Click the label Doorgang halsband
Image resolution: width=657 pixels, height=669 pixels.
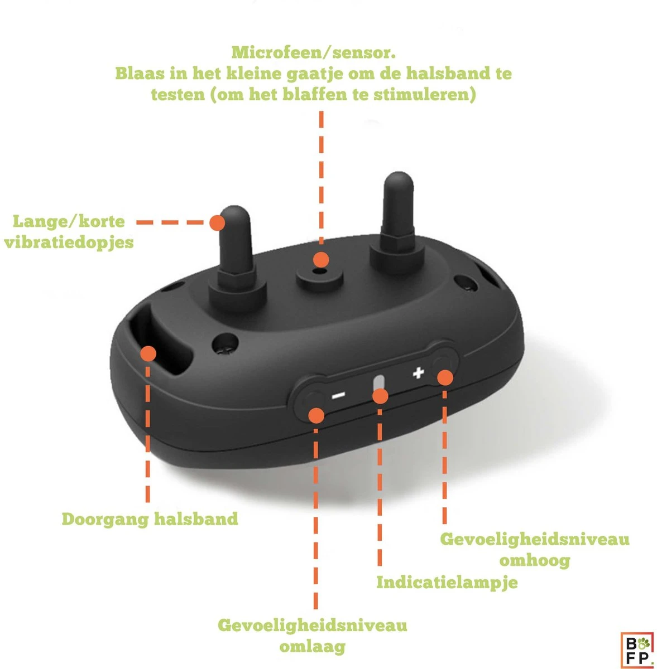click(x=150, y=519)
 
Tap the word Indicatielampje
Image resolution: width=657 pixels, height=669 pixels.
click(x=447, y=582)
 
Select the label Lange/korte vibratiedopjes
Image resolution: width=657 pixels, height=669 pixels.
click(x=69, y=231)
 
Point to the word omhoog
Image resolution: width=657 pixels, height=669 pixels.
click(x=535, y=560)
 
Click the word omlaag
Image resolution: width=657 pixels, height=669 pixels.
click(x=312, y=647)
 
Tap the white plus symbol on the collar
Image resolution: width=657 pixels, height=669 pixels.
click(x=418, y=373)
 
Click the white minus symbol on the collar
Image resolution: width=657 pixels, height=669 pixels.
click(x=339, y=396)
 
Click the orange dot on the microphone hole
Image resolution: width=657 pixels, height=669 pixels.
click(x=320, y=260)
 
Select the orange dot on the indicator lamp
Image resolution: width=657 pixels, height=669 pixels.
click(x=380, y=396)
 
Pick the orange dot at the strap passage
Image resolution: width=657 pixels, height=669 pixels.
click(x=148, y=353)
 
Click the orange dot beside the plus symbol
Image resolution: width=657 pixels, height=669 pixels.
click(x=444, y=377)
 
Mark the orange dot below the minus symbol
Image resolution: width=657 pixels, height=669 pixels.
click(x=316, y=415)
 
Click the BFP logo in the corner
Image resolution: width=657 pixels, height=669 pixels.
click(x=636, y=649)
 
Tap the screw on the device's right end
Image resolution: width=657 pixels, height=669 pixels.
click(x=461, y=283)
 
